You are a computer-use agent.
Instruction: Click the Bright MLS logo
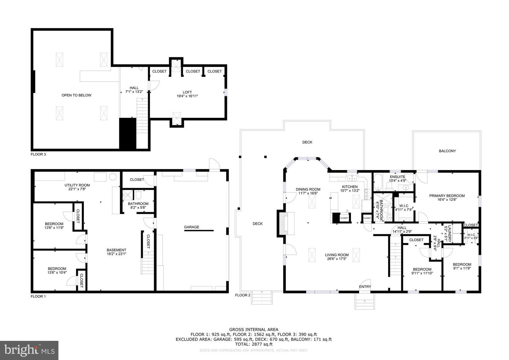(29, 350)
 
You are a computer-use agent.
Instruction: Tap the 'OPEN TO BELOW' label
(76, 95)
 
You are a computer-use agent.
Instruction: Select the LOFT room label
(187, 92)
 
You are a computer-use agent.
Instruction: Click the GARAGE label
(191, 227)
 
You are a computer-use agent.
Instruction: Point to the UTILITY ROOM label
(77, 185)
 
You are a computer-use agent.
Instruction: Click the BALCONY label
(447, 151)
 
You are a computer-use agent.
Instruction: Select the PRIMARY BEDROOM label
(447, 196)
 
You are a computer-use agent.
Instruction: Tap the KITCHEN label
(350, 187)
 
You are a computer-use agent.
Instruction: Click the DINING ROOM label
(308, 189)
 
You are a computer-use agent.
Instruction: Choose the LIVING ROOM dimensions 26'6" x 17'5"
(337, 259)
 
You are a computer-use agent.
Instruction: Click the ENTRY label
(365, 287)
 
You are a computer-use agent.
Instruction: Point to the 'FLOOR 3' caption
(38, 154)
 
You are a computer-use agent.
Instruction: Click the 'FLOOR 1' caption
(38, 296)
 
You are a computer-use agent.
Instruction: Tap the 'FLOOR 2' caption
(242, 295)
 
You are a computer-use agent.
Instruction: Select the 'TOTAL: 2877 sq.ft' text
(253, 344)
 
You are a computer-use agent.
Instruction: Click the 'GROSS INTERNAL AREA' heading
(253, 330)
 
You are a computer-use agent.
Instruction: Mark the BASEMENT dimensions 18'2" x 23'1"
(116, 254)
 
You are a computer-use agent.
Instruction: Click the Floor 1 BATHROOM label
(138, 204)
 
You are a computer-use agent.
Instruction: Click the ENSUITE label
(397, 177)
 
